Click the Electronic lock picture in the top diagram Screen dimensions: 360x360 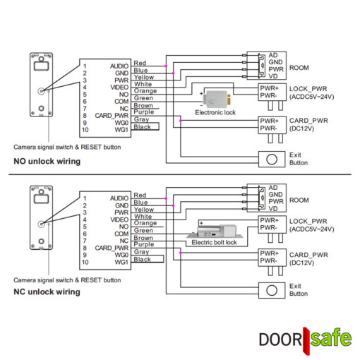point(217,100)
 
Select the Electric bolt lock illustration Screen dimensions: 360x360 point(215,231)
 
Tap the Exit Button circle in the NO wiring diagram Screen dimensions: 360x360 point(272,160)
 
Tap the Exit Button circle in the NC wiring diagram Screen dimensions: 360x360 point(272,290)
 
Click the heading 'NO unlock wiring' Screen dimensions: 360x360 point(47,162)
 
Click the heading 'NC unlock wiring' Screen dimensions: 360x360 point(47,292)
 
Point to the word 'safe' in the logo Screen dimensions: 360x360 point(331,338)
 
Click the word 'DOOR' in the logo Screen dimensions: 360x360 point(280,340)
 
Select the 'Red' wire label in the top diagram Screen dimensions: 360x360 point(140,63)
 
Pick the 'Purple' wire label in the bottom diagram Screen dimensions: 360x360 point(144,244)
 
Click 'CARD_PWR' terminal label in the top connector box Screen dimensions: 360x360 point(112,116)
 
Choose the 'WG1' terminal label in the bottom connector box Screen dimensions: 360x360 point(121,262)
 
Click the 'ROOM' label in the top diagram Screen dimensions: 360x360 point(299,68)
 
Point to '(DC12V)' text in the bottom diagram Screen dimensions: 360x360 point(301,263)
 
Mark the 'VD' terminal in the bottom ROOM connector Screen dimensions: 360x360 point(273,209)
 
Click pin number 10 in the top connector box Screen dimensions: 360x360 point(85,130)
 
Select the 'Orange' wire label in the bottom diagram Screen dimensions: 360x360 point(145,223)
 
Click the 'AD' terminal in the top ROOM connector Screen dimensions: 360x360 point(273,55)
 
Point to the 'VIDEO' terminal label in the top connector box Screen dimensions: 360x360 point(119,88)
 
